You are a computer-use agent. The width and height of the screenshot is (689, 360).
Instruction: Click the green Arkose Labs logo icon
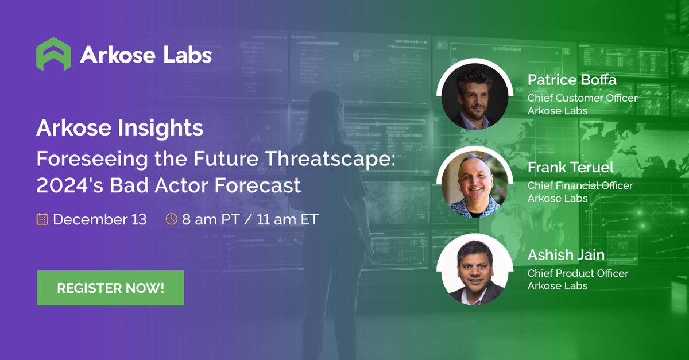point(53,54)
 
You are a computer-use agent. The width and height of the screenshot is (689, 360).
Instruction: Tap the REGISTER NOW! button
point(110,288)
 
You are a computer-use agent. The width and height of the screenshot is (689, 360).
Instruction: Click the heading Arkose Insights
point(119,128)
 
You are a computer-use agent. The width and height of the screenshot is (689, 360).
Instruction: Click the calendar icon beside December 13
point(42,219)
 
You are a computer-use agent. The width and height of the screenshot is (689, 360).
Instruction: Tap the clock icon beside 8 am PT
point(171,219)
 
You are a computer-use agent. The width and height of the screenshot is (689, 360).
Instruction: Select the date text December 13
point(99,219)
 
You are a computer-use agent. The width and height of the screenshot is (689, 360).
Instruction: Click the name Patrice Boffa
point(572,80)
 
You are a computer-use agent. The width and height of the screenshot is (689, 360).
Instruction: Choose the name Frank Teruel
point(570,168)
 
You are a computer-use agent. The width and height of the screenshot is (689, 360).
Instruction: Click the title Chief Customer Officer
point(582,98)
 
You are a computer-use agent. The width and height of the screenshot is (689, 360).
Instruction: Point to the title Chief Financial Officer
point(580,185)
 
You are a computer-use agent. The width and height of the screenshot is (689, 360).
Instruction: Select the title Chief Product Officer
point(578,273)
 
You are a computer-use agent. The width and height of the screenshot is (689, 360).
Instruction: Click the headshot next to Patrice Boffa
point(474,98)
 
